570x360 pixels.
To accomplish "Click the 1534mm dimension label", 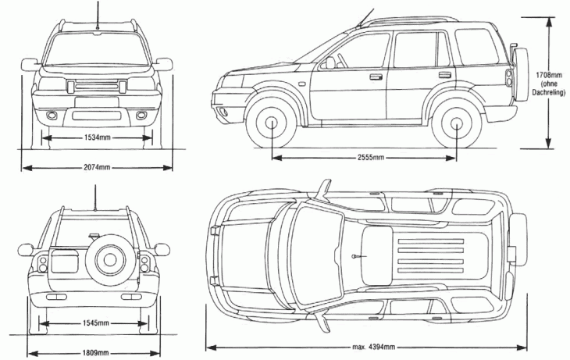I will point(97,138).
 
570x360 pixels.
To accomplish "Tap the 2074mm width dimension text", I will point(95,167).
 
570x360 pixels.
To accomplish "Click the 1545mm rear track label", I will point(93,323).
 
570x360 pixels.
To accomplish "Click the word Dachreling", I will point(548,93).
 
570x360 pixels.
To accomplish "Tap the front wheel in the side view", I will point(273,124).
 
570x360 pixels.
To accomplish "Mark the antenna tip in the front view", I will point(98,3).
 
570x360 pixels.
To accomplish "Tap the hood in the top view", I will point(246,249).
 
